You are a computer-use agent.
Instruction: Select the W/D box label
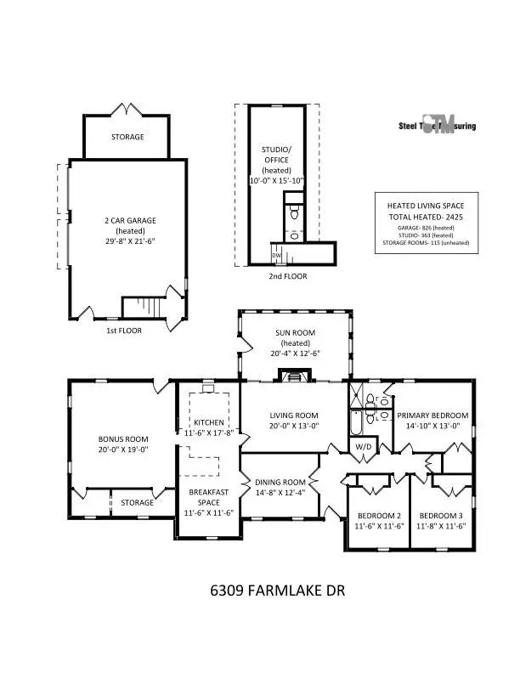point(363,446)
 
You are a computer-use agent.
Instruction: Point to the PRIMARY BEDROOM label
point(432,416)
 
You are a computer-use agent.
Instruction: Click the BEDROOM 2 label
point(379,516)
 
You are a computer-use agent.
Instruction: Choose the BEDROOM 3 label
point(441,516)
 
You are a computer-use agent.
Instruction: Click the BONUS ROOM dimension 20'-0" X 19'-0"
point(123,451)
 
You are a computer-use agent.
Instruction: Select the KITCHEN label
point(208,422)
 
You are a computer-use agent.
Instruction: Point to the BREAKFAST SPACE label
point(208,496)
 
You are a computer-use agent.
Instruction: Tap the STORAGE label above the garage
point(127,137)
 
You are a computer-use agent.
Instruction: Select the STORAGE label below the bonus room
point(137,502)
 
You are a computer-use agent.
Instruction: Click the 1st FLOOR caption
point(125,330)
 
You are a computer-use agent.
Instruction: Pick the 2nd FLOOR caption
point(284,276)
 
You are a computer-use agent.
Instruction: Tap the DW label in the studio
point(276,255)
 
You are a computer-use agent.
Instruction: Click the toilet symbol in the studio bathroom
point(293,212)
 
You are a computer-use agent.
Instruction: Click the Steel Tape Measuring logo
point(438,126)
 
